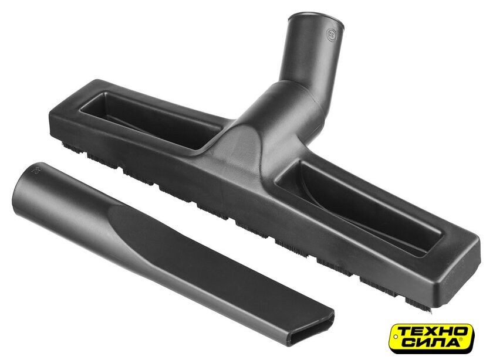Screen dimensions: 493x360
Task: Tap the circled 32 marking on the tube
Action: click(331, 33)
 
